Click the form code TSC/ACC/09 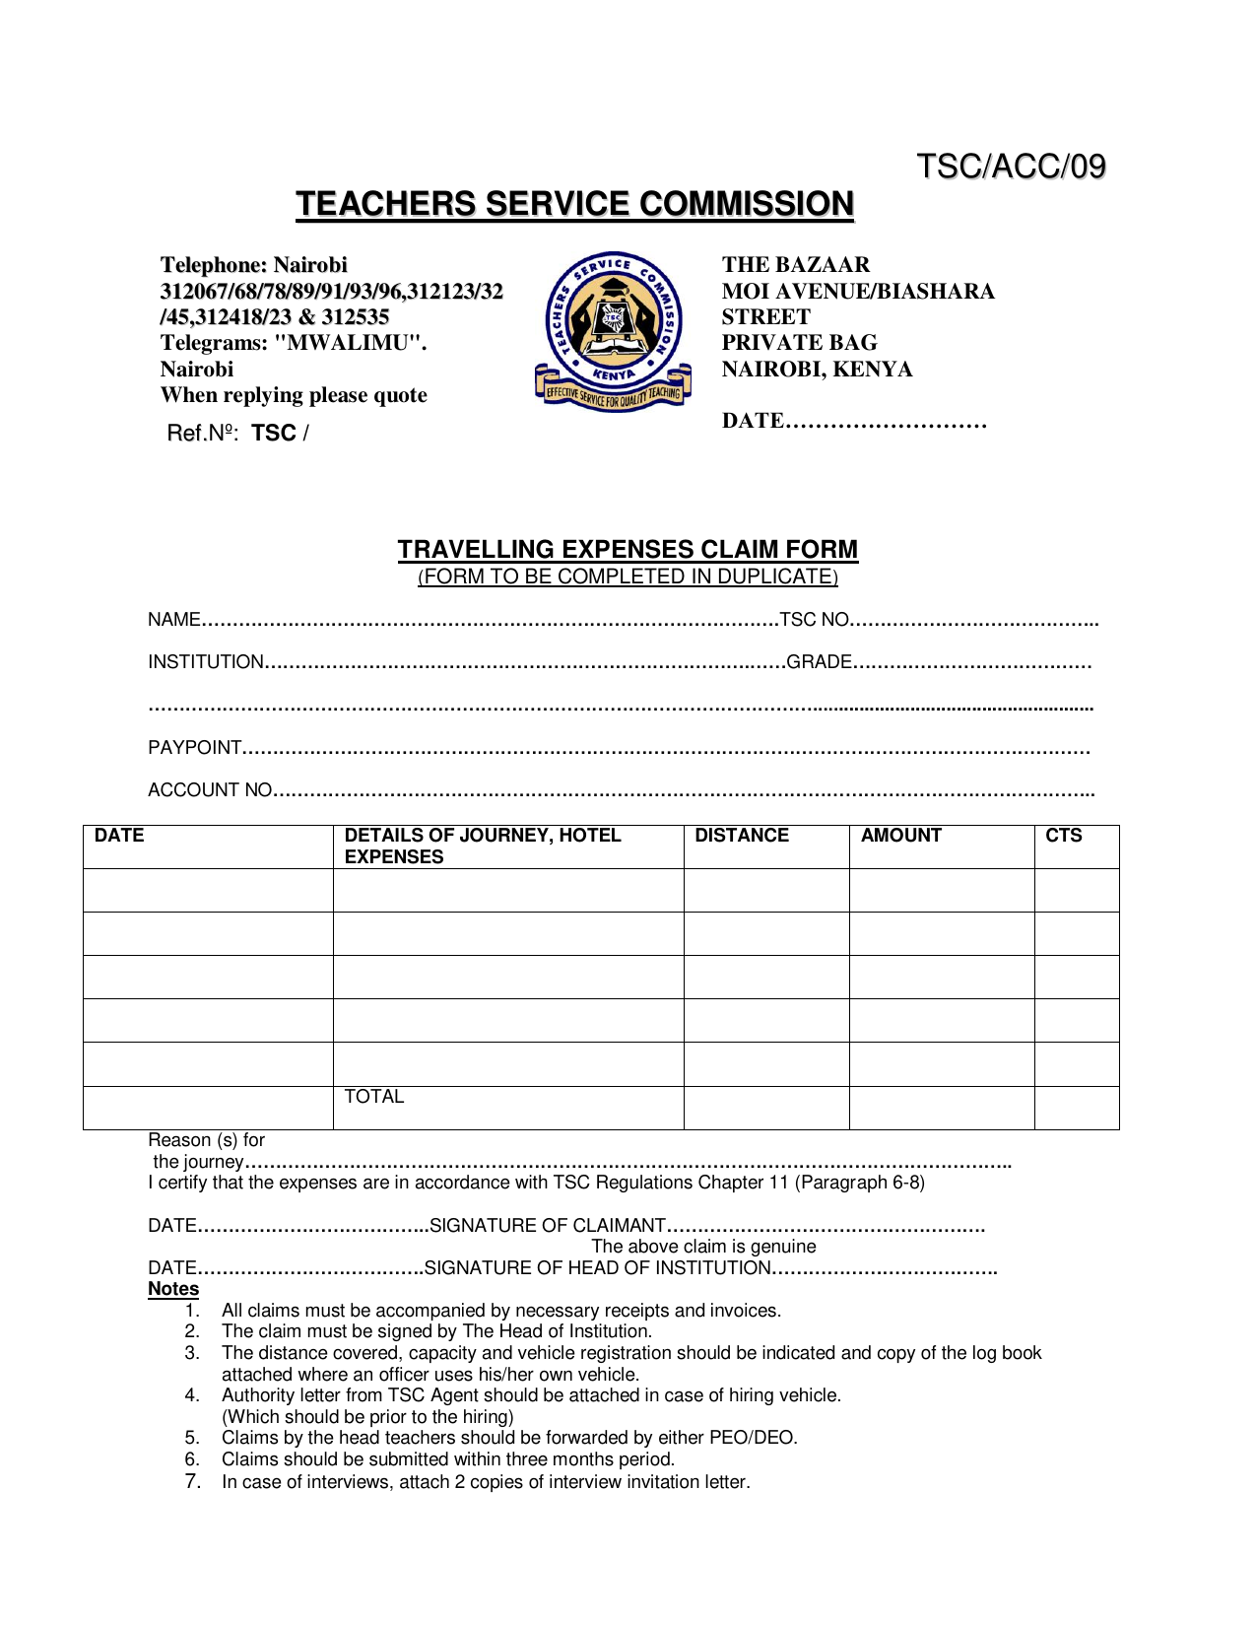click(x=1011, y=167)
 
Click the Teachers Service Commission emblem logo click(x=613, y=332)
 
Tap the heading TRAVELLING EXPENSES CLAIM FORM click(x=628, y=549)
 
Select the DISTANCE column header click(x=741, y=836)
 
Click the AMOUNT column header click(x=900, y=836)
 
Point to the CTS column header click(x=1063, y=836)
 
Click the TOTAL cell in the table click(x=373, y=1097)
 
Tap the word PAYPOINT click(x=194, y=748)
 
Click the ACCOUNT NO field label click(x=209, y=790)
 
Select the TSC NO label click(x=814, y=620)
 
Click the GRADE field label click(x=819, y=662)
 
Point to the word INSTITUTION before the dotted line click(x=205, y=662)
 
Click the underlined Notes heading click(x=173, y=1289)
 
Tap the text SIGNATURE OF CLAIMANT click(x=548, y=1226)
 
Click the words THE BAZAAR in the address click(x=796, y=265)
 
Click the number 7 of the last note click(x=192, y=1482)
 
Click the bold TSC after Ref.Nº click(x=274, y=434)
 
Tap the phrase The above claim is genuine click(x=703, y=1247)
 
